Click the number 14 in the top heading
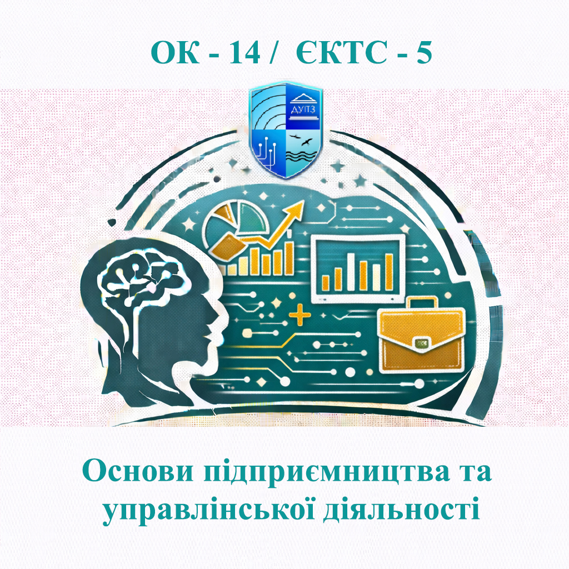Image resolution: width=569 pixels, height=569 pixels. (x=244, y=53)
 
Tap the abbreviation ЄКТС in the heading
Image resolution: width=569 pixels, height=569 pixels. (x=334, y=53)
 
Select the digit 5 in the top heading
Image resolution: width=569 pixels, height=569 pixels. (x=424, y=53)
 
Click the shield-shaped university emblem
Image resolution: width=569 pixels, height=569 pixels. (x=285, y=129)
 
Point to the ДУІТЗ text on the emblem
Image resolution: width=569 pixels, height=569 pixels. (x=304, y=111)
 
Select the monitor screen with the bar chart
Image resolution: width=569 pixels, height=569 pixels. (x=357, y=268)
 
